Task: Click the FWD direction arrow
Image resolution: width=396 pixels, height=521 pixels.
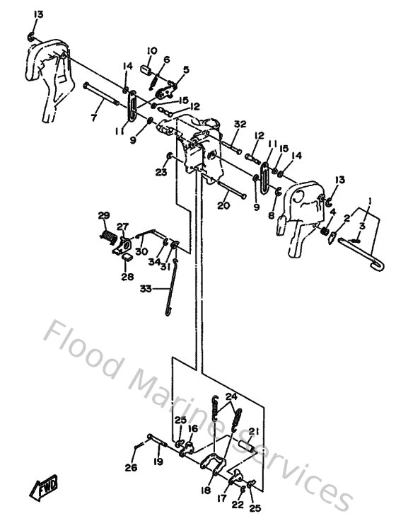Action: coord(45,488)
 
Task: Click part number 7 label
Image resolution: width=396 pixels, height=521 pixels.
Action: coord(93,118)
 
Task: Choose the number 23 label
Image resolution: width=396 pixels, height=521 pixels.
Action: coord(161,171)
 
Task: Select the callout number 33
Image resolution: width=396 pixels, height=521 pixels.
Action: coord(146,288)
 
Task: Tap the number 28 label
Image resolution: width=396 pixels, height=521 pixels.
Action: coord(128,277)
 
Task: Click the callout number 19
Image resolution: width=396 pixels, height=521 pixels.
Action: coord(158,462)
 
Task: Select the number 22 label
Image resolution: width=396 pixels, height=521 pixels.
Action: coord(238,504)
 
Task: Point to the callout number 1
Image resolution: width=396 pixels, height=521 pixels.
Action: coord(369,202)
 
